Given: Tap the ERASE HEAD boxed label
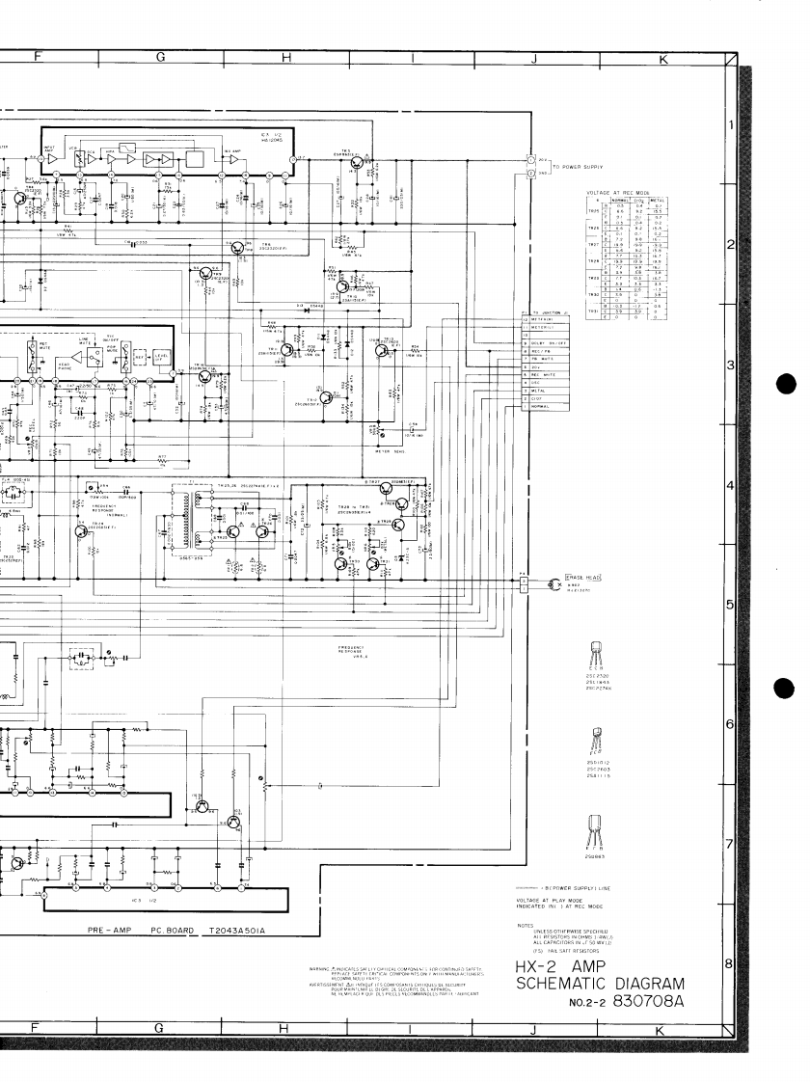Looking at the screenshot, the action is pos(583,577).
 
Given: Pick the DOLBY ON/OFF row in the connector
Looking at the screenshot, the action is pos(546,342).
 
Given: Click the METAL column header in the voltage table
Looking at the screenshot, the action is pos(656,201).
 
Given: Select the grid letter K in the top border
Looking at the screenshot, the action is pos(662,60).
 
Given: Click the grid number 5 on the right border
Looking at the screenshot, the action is pos(730,606).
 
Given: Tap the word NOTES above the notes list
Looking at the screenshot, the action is pos(526,924).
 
